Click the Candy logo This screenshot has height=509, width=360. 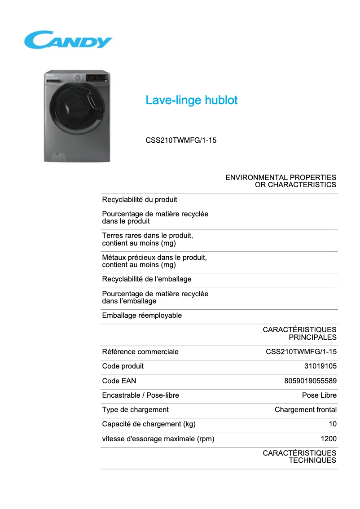click(x=68, y=40)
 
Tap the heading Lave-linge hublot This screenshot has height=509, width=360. click(x=191, y=100)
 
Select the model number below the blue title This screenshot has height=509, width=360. click(x=181, y=140)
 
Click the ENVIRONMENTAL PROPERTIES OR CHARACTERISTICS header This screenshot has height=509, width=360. click(x=281, y=181)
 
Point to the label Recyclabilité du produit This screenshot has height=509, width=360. click(x=140, y=199)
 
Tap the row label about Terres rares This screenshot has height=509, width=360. click(x=147, y=239)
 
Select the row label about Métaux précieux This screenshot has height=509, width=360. click(x=154, y=261)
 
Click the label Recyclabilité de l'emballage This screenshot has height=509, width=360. click(x=147, y=279)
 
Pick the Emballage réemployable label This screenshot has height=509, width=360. click(x=142, y=316)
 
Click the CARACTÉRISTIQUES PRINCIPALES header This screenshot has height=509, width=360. click(x=299, y=333)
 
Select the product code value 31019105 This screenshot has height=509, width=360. click(x=320, y=366)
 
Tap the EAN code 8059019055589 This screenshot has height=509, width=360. click(x=310, y=381)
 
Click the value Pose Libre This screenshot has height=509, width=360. click(x=319, y=395)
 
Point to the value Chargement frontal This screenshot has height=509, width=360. click(x=306, y=410)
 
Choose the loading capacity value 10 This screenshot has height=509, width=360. click(x=333, y=424)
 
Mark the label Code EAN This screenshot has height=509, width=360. click(x=119, y=381)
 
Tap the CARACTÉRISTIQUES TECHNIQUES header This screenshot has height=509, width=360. click(x=299, y=456)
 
